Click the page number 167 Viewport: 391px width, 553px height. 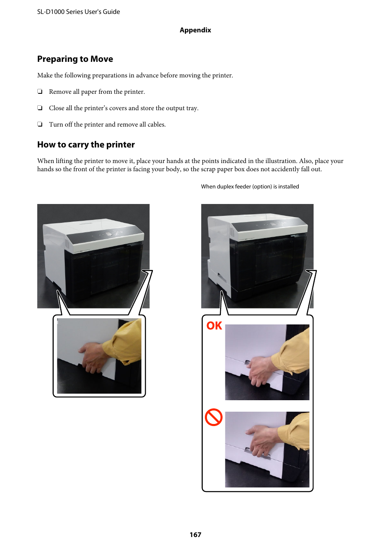tap(195, 535)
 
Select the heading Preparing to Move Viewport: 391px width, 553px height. tap(75, 59)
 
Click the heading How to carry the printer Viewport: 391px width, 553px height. tap(86, 145)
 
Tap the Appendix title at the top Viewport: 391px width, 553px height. tap(195, 30)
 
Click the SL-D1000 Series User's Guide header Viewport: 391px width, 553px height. tap(78, 12)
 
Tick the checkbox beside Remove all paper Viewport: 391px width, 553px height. tap(40, 92)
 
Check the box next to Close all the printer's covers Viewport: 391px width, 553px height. tap(40, 108)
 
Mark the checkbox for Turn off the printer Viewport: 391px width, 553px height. tap(40, 125)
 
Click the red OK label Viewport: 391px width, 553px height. tap(214, 326)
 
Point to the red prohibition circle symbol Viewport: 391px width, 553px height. tap(214, 417)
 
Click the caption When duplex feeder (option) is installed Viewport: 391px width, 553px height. tap(250, 187)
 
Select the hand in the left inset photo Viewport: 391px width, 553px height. tap(95, 356)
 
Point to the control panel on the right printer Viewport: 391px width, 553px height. tap(271, 224)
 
